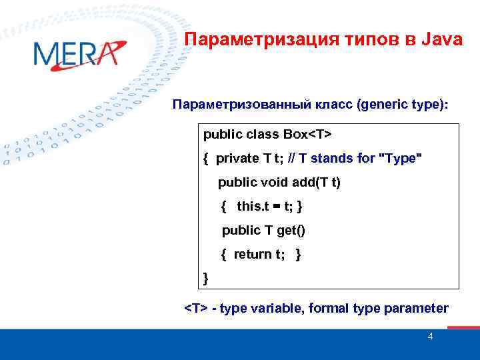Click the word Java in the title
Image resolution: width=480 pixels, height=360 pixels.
tap(441, 40)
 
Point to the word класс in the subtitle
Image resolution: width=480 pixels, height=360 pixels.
tap(329, 105)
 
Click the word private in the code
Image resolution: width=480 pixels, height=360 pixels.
tap(238, 158)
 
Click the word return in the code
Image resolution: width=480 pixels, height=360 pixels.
tap(253, 254)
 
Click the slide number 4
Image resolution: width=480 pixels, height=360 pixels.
tap(430, 337)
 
